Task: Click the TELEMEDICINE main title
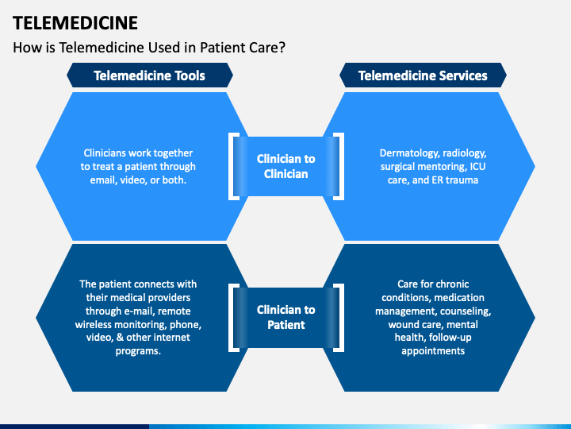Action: [x=75, y=23]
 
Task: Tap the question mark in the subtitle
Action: [x=282, y=48]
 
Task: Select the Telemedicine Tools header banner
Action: [x=150, y=75]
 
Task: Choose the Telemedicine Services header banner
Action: [x=423, y=75]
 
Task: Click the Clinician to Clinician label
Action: [x=285, y=166]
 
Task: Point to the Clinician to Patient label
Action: [x=285, y=317]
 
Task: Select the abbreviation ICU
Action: [x=477, y=166]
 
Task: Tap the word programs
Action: [x=138, y=351]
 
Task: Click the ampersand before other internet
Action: [x=120, y=338]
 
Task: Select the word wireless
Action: [x=92, y=324]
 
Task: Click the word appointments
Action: [x=433, y=351]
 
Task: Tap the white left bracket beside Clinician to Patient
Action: [x=233, y=317]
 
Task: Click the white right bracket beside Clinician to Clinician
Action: [x=339, y=166]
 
